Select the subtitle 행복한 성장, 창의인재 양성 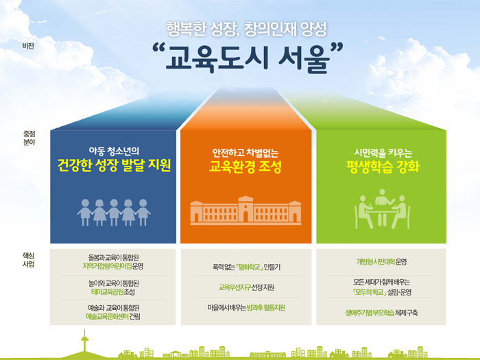(x=247, y=29)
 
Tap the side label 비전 (x=28, y=46)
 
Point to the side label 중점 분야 (x=29, y=138)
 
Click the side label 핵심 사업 (x=29, y=260)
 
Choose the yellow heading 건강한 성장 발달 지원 (x=114, y=165)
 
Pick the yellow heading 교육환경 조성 (x=245, y=167)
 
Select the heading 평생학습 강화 (x=383, y=167)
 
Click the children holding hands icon (x=114, y=213)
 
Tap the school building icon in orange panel (x=245, y=211)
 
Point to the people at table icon (x=382, y=208)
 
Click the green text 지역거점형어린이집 (x=107, y=266)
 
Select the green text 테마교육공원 (x=108, y=291)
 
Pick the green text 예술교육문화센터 (x=107, y=316)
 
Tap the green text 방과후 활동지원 (x=266, y=308)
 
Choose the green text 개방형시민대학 (x=376, y=262)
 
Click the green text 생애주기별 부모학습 (x=370, y=313)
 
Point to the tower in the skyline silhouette (x=84, y=341)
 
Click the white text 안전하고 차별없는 (x=245, y=152)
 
